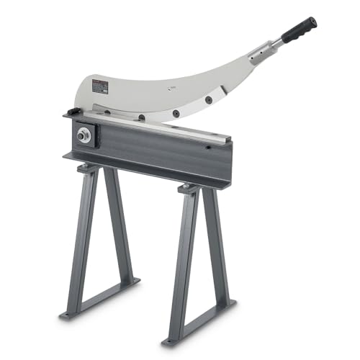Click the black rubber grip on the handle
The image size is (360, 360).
(x=300, y=30)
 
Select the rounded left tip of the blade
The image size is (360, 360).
(x=77, y=94)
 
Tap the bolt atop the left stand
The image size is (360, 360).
(x=86, y=168)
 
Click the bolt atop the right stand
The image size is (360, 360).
(x=189, y=189)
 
